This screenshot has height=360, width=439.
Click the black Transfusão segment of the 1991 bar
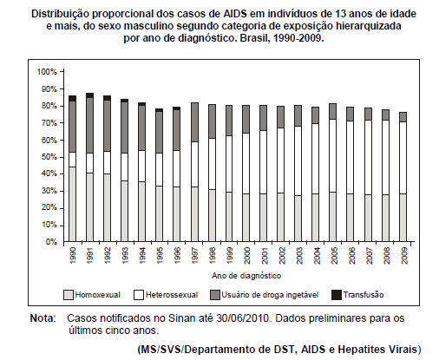click(90, 95)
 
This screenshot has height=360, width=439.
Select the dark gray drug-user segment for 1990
click(72, 127)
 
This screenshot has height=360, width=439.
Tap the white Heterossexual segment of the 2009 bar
click(403, 158)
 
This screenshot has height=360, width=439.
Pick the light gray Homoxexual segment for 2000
click(246, 218)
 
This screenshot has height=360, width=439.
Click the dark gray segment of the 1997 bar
click(194, 122)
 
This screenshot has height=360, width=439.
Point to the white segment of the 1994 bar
click(142, 167)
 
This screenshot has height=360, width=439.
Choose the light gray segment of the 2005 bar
click(333, 217)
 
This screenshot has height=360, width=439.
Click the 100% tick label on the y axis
click(47, 72)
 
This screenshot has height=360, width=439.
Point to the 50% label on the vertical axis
click(49, 157)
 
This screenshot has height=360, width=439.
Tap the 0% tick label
click(51, 242)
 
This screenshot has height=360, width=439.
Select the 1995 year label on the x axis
click(160, 255)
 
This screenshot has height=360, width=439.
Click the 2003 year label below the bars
click(299, 255)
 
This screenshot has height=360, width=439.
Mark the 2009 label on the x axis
click(404, 255)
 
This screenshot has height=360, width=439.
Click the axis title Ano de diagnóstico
click(246, 276)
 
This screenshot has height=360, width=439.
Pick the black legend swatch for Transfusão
click(337, 295)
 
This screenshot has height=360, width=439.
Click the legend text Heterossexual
click(172, 295)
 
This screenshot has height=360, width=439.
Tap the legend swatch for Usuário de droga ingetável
click(215, 295)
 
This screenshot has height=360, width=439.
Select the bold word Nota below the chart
click(43, 318)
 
